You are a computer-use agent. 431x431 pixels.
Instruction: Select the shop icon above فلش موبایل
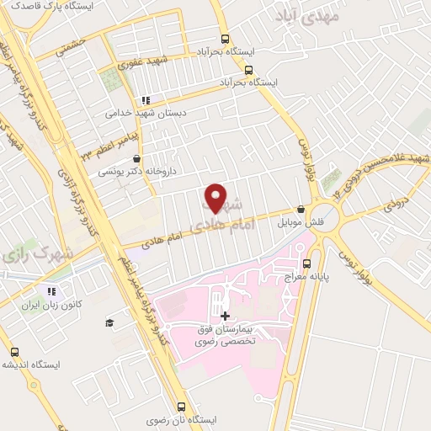click(301, 210)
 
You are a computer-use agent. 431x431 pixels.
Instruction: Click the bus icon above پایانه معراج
click(329, 262)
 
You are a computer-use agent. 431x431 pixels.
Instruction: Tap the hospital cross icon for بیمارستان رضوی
click(224, 317)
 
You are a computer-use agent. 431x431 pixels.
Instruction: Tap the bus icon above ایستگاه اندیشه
click(14, 352)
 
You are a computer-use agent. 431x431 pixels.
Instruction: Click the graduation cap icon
click(109, 322)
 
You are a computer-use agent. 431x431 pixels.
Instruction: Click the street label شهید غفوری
click(143, 62)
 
